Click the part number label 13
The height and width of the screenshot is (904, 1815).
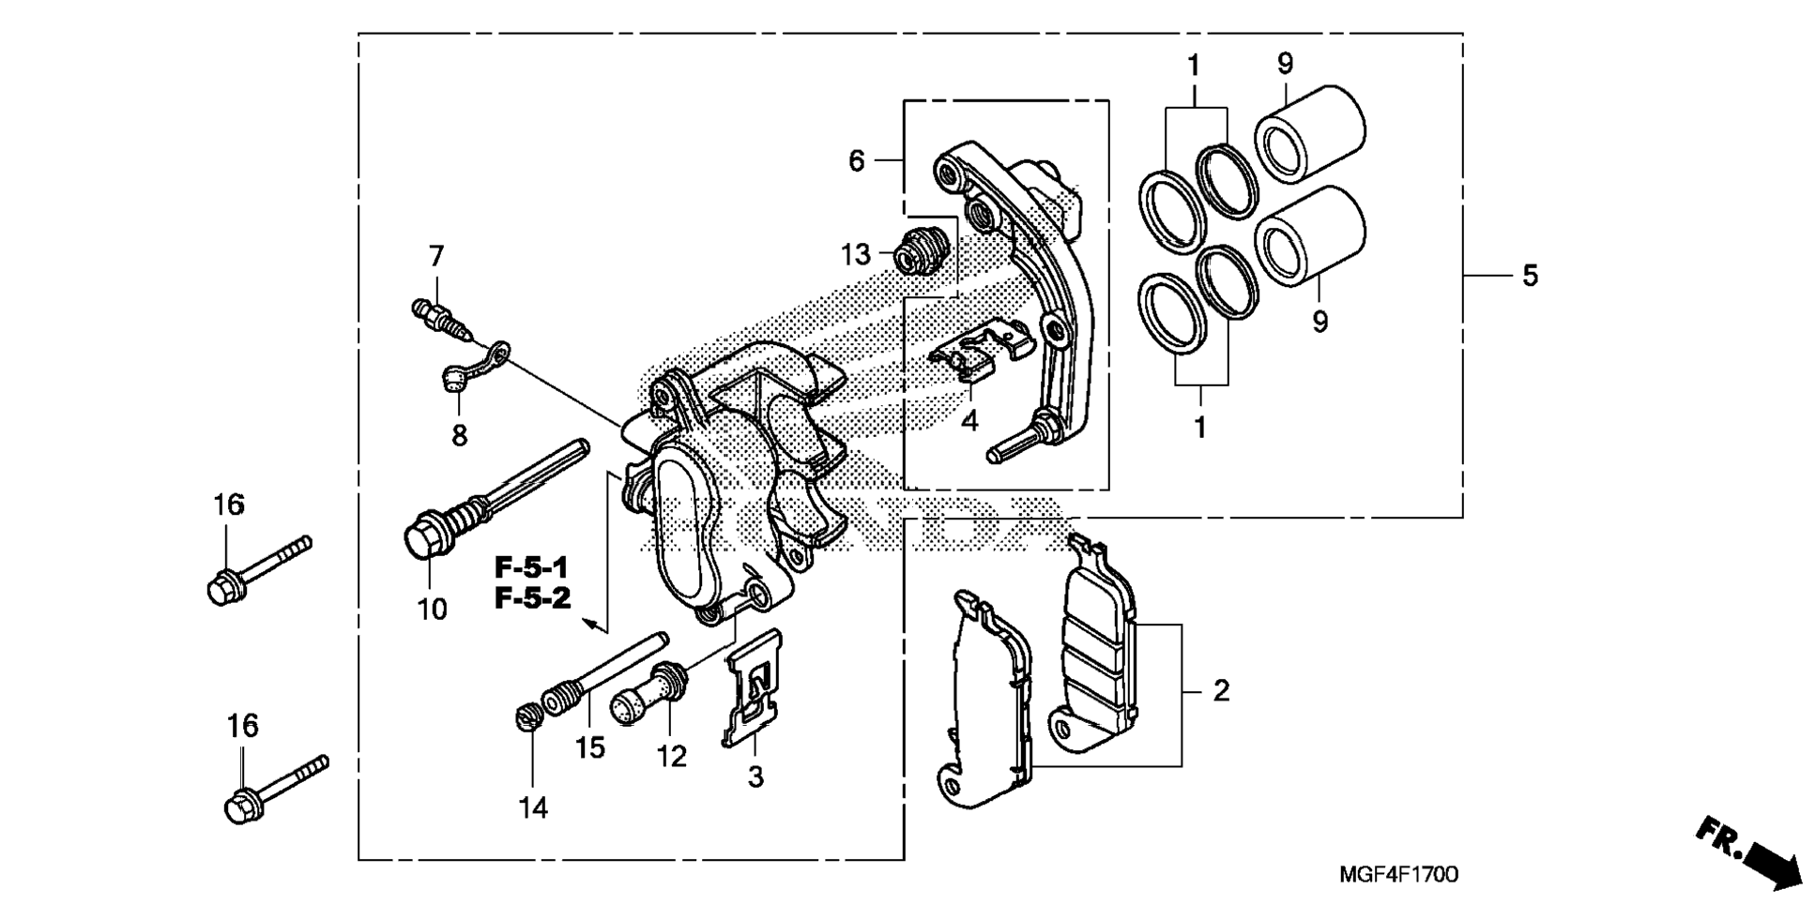856,254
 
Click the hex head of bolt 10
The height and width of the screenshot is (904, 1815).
422,539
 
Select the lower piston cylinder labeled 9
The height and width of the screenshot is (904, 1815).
1310,234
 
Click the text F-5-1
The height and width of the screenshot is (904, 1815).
532,567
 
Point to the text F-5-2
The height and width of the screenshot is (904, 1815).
532,598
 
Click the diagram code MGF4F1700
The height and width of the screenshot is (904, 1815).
1398,875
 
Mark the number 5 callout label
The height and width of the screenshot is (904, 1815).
1530,276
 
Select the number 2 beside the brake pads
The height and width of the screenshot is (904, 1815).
1220,691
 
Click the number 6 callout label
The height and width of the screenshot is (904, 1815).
856,161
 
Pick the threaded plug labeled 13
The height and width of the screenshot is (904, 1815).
918,251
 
